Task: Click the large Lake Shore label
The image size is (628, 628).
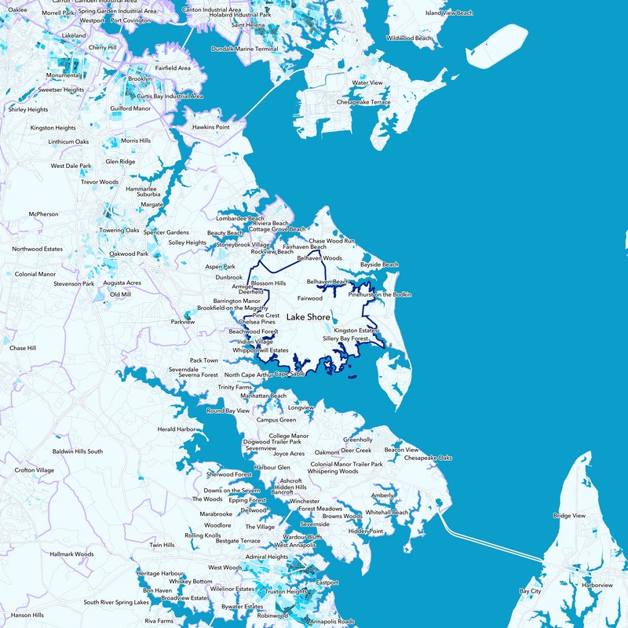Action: [309, 317]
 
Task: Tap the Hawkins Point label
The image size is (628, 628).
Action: [211, 127]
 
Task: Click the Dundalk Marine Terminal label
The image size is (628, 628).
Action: [245, 49]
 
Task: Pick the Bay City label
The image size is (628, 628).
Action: [531, 590]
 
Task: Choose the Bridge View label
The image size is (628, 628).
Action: [569, 516]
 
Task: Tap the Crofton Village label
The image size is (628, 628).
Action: [35, 470]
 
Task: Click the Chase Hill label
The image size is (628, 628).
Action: [23, 348]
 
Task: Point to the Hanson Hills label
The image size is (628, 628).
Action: [27, 615]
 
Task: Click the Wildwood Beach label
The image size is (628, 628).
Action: [410, 38]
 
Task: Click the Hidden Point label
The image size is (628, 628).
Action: [366, 531]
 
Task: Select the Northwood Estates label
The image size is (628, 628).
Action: [37, 249]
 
